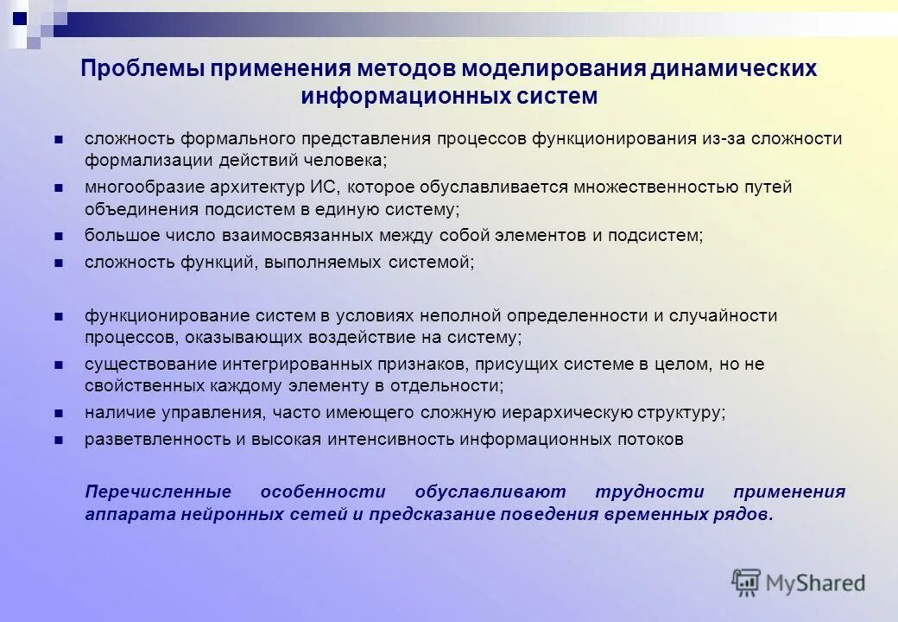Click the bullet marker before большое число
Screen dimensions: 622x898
point(59,235)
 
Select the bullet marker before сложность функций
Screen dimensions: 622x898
point(59,262)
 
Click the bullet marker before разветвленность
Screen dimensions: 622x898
point(59,440)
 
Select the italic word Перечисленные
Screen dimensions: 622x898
point(158,492)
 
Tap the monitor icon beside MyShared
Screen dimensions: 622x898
point(745,582)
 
